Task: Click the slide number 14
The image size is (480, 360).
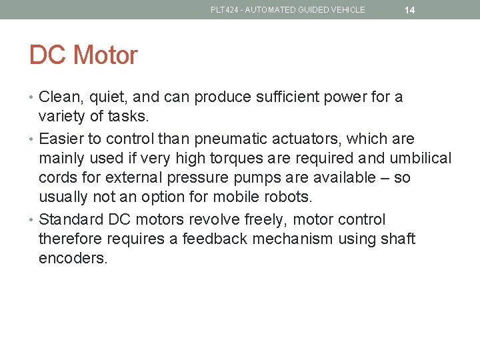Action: point(409,10)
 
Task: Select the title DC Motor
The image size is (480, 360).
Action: point(83,55)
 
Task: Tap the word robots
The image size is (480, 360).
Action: point(289,197)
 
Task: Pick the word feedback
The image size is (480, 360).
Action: point(216,239)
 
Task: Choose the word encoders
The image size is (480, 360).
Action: point(73,259)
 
